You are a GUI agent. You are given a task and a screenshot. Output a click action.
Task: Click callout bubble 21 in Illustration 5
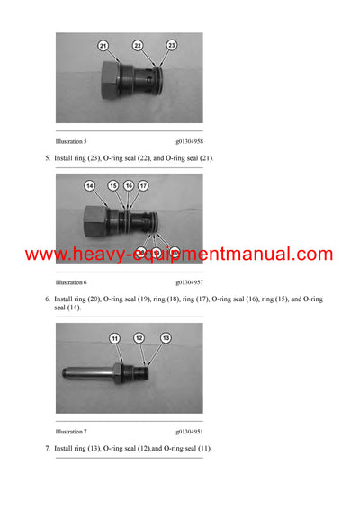(x=102, y=45)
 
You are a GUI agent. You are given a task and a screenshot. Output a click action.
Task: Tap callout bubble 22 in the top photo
(x=138, y=45)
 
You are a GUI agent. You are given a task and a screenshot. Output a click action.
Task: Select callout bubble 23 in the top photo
(x=172, y=45)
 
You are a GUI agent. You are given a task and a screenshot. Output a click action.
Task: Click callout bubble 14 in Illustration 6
(x=89, y=185)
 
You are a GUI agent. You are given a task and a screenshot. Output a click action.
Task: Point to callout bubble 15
(x=113, y=185)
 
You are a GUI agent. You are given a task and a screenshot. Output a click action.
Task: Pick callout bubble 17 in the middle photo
(x=143, y=185)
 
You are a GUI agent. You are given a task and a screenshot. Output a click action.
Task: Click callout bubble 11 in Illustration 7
(x=115, y=337)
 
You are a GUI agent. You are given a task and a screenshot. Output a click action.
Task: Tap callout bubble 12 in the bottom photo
(x=139, y=337)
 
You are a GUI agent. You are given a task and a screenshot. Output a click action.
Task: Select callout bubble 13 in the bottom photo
(x=166, y=337)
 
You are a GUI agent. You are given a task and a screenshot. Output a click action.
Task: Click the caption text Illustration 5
(x=71, y=142)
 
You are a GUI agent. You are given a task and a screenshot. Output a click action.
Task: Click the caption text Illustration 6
(x=71, y=281)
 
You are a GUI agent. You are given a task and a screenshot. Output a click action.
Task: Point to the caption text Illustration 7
(x=71, y=433)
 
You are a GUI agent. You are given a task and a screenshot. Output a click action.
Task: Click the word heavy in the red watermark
(x=101, y=254)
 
